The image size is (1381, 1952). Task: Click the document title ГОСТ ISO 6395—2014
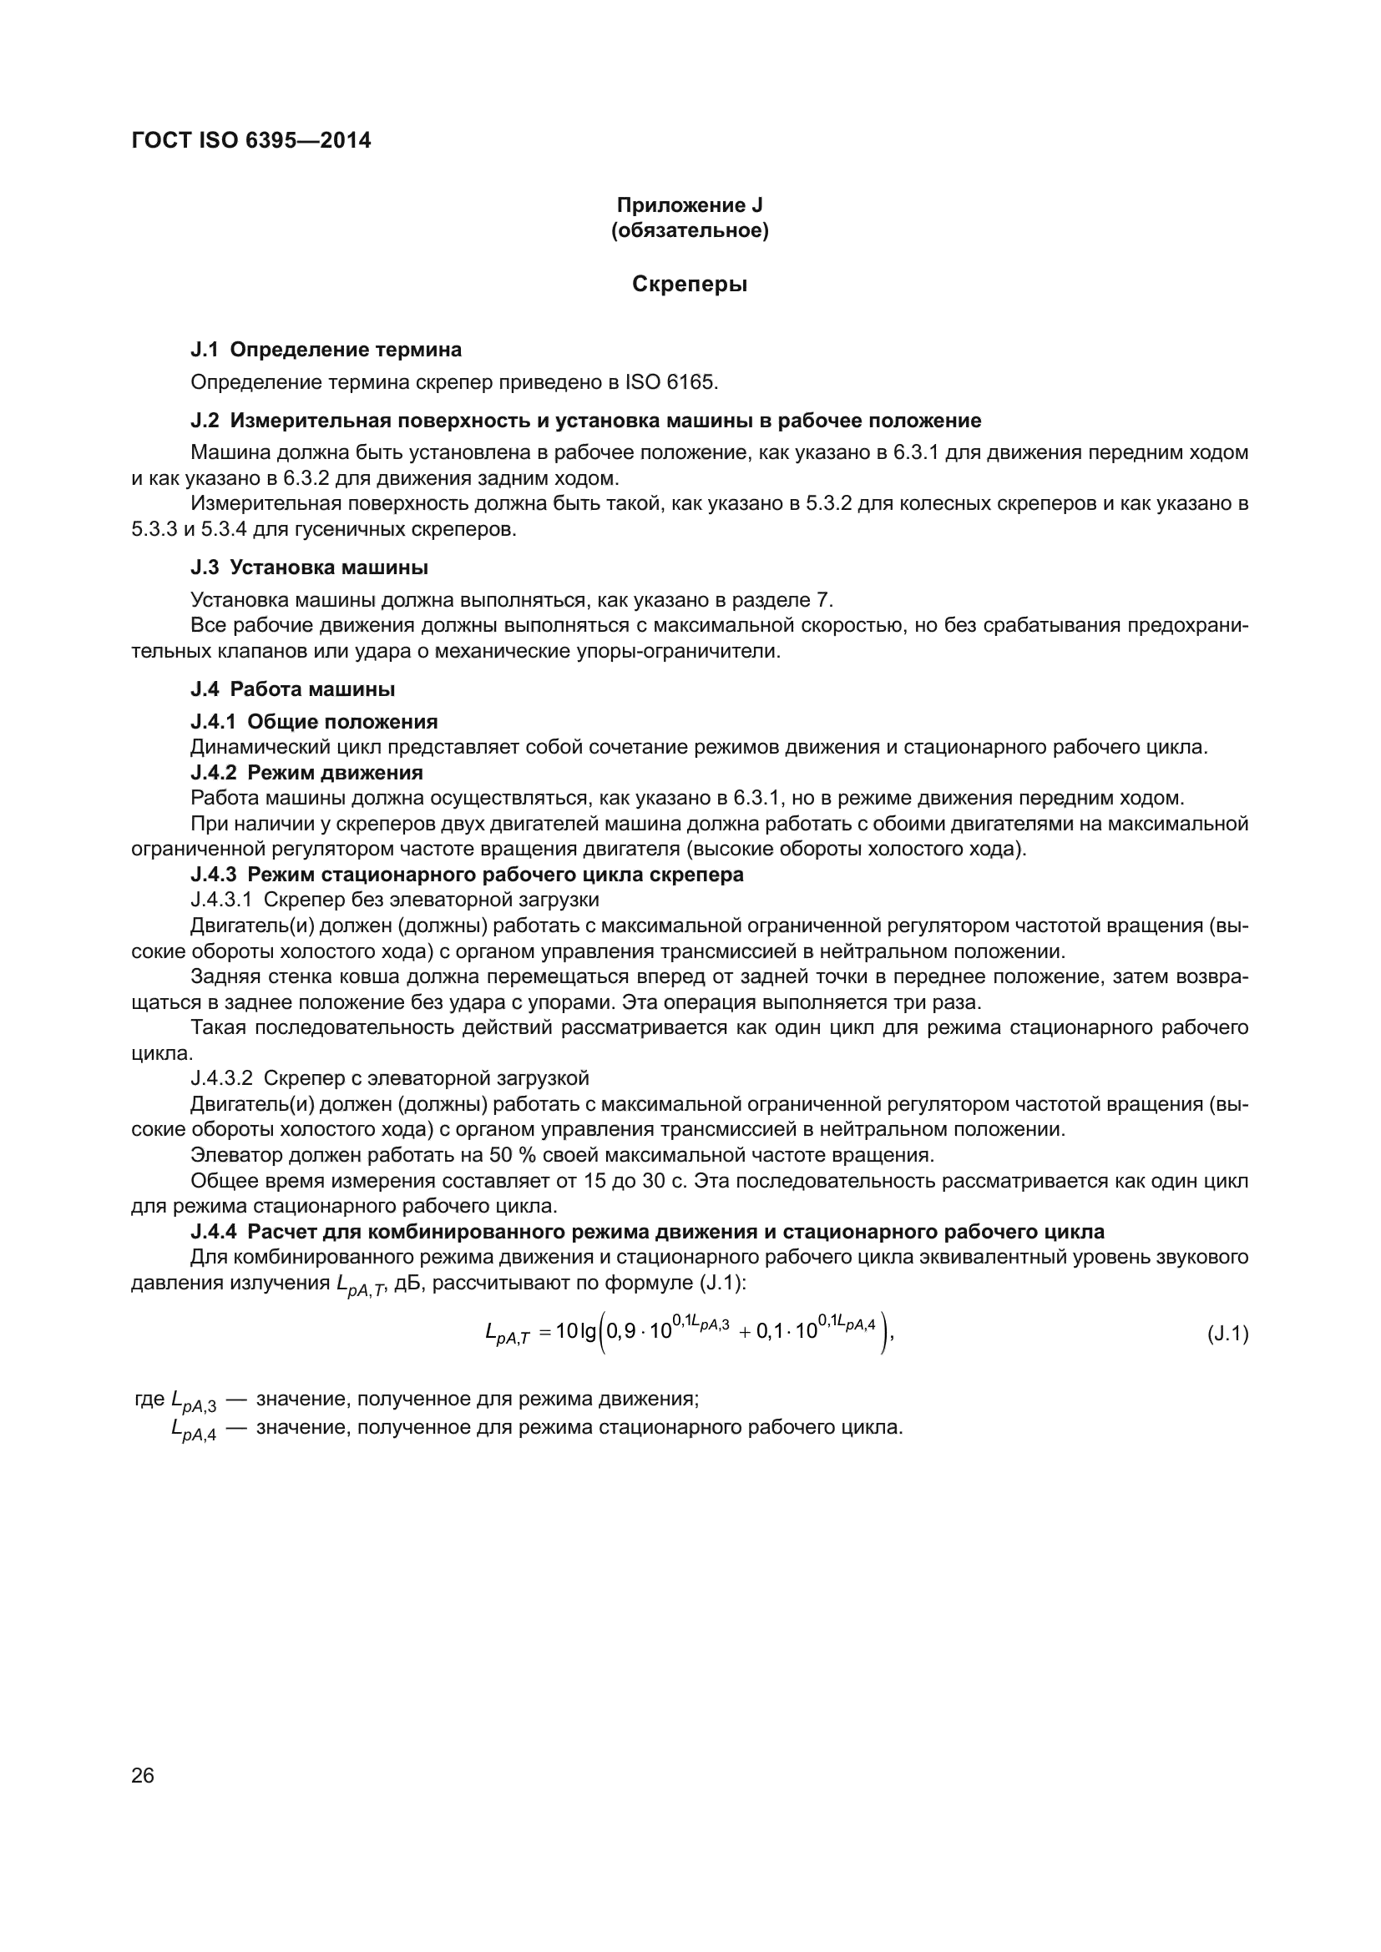click(251, 140)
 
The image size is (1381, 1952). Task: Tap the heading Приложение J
click(690, 205)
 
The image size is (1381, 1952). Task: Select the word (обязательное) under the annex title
click(690, 230)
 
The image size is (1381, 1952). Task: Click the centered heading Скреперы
click(690, 285)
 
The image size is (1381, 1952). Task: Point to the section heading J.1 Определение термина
click(326, 350)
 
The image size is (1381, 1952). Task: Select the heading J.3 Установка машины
click(309, 567)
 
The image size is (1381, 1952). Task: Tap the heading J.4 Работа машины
click(292, 688)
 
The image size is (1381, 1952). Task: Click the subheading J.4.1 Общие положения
click(314, 722)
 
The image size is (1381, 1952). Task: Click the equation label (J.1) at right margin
click(1227, 1334)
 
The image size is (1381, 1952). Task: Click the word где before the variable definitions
click(149, 1399)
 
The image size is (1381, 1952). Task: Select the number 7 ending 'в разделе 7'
click(822, 600)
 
